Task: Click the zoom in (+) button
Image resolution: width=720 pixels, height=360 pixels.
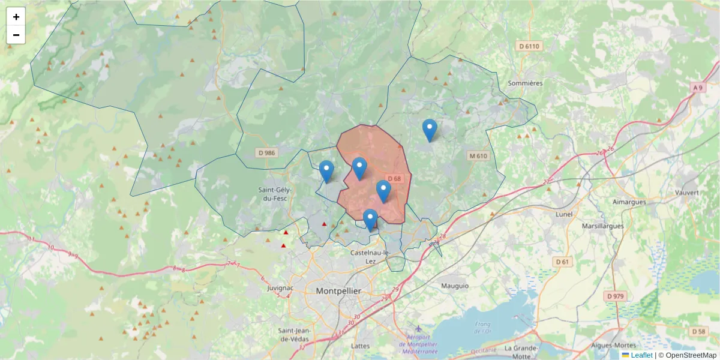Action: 16,17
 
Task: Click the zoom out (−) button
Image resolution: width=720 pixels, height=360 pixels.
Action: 16,35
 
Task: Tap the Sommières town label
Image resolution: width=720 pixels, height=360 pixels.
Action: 525,83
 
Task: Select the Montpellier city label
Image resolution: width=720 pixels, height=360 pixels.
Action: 338,290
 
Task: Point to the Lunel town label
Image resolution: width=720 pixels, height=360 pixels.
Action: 564,214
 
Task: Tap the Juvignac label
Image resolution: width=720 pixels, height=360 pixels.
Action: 280,288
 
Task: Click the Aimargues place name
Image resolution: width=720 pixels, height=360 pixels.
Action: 629,202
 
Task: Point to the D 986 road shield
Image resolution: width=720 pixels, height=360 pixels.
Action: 266,153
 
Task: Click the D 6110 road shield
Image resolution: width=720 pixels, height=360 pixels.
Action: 529,46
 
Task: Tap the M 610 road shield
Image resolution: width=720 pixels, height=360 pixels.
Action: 479,156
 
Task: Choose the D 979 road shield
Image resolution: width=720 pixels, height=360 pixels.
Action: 616,296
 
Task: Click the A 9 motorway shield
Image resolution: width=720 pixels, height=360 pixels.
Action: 697,88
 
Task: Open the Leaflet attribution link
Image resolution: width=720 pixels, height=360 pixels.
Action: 641,355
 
